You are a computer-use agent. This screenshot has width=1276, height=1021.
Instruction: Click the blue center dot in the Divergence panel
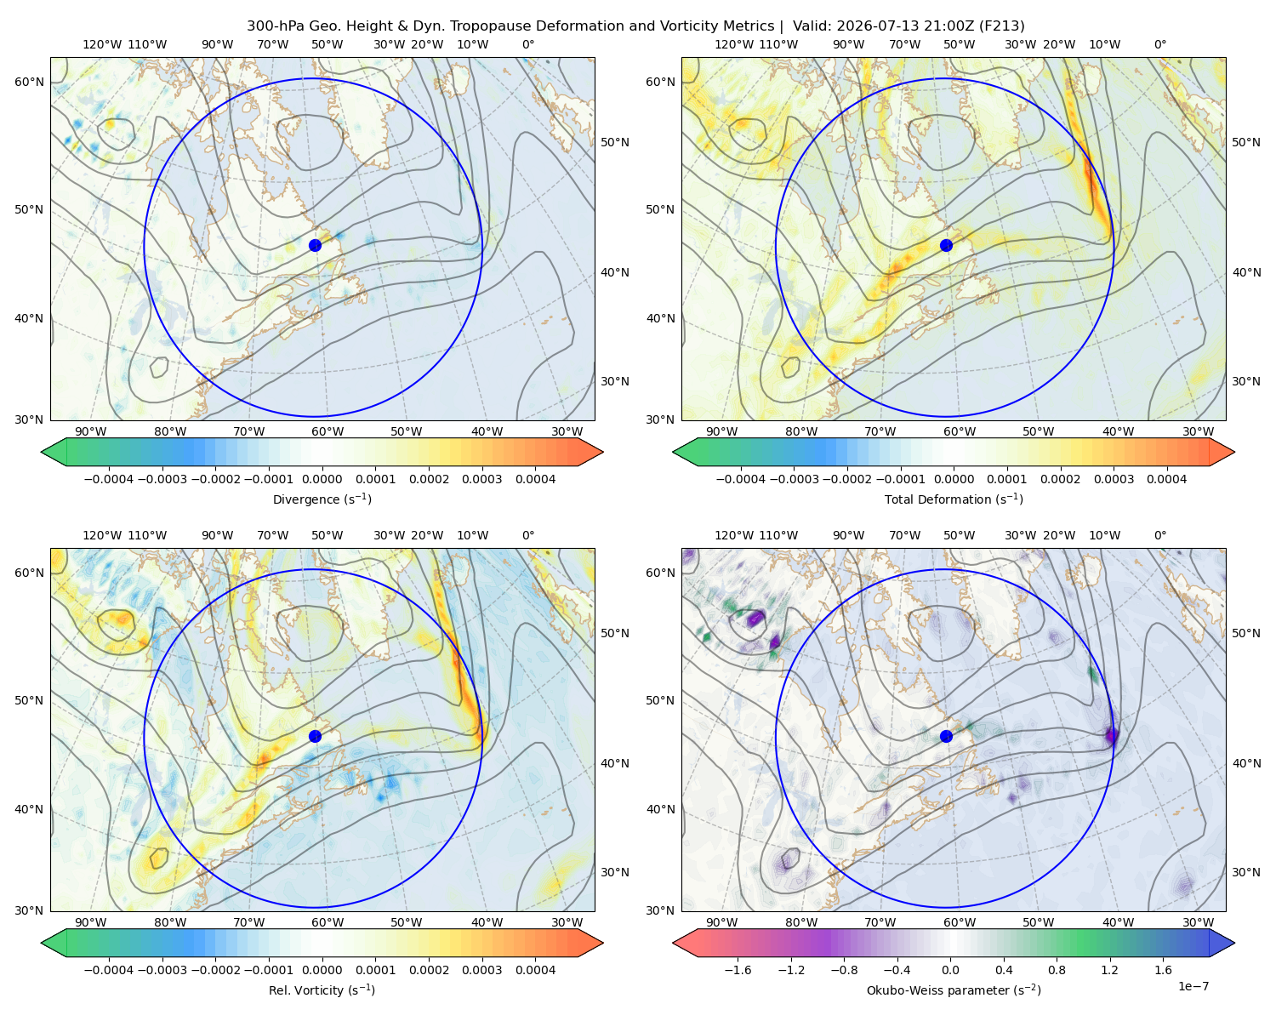tap(315, 245)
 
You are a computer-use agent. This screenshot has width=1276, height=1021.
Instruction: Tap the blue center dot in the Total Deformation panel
tap(946, 245)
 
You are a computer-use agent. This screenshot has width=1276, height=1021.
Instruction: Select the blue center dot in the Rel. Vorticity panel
tap(315, 736)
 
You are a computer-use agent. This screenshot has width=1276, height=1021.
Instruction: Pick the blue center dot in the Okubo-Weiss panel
tap(946, 736)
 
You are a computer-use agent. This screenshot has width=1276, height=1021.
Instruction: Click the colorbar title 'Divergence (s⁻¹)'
tap(322, 499)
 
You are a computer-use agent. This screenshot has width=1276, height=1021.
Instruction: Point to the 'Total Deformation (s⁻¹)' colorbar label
tap(954, 499)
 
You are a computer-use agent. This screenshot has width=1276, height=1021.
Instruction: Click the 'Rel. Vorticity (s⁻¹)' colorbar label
tap(322, 990)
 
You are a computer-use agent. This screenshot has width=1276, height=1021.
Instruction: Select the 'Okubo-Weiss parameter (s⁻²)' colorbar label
tap(954, 990)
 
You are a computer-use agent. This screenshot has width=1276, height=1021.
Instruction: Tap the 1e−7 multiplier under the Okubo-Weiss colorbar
tap(1193, 986)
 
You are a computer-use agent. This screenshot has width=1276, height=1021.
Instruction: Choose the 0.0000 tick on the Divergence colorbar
tap(322, 479)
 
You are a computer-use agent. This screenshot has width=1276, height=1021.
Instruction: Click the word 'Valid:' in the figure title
tap(812, 26)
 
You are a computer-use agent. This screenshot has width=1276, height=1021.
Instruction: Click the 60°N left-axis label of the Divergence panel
tap(29, 82)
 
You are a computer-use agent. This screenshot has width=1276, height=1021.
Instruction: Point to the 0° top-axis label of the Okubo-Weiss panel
tap(1159, 535)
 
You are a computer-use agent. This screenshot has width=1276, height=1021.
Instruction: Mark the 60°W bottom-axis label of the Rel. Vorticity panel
tap(328, 922)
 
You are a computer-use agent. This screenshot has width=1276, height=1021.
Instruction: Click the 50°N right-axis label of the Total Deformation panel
tap(1246, 142)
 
